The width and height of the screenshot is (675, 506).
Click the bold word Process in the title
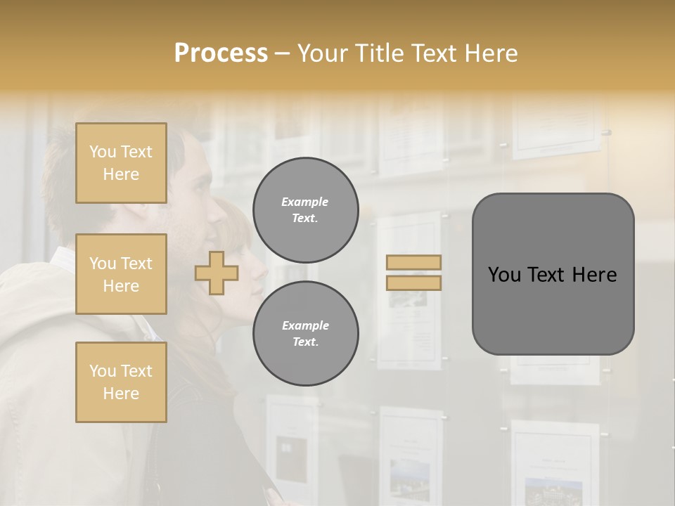point(221,53)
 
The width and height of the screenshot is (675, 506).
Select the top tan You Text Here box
point(121,163)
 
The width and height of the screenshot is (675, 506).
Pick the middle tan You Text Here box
point(121,274)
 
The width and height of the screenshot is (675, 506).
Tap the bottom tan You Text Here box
point(121,382)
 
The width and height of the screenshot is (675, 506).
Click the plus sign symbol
point(217,273)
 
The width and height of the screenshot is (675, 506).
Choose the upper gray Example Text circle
point(305,210)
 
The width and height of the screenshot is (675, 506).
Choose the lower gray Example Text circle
point(305,334)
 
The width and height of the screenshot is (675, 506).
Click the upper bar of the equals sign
point(414,262)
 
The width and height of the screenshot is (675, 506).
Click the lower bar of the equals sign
point(414,283)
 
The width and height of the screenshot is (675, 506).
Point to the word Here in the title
point(490,53)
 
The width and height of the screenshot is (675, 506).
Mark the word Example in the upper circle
point(305,202)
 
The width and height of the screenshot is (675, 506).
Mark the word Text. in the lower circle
point(305,342)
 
